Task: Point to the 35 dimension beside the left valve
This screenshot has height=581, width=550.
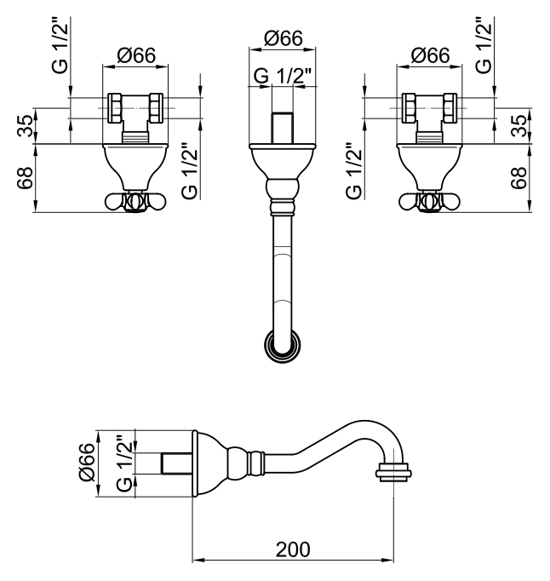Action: (x=25, y=126)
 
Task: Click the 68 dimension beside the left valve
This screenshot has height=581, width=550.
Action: (x=25, y=178)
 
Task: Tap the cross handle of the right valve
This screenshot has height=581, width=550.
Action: (x=430, y=201)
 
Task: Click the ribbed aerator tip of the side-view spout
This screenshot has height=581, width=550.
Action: (x=392, y=469)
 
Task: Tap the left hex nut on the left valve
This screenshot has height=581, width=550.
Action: (x=117, y=108)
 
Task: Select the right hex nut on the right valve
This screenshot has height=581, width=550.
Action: (x=450, y=108)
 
